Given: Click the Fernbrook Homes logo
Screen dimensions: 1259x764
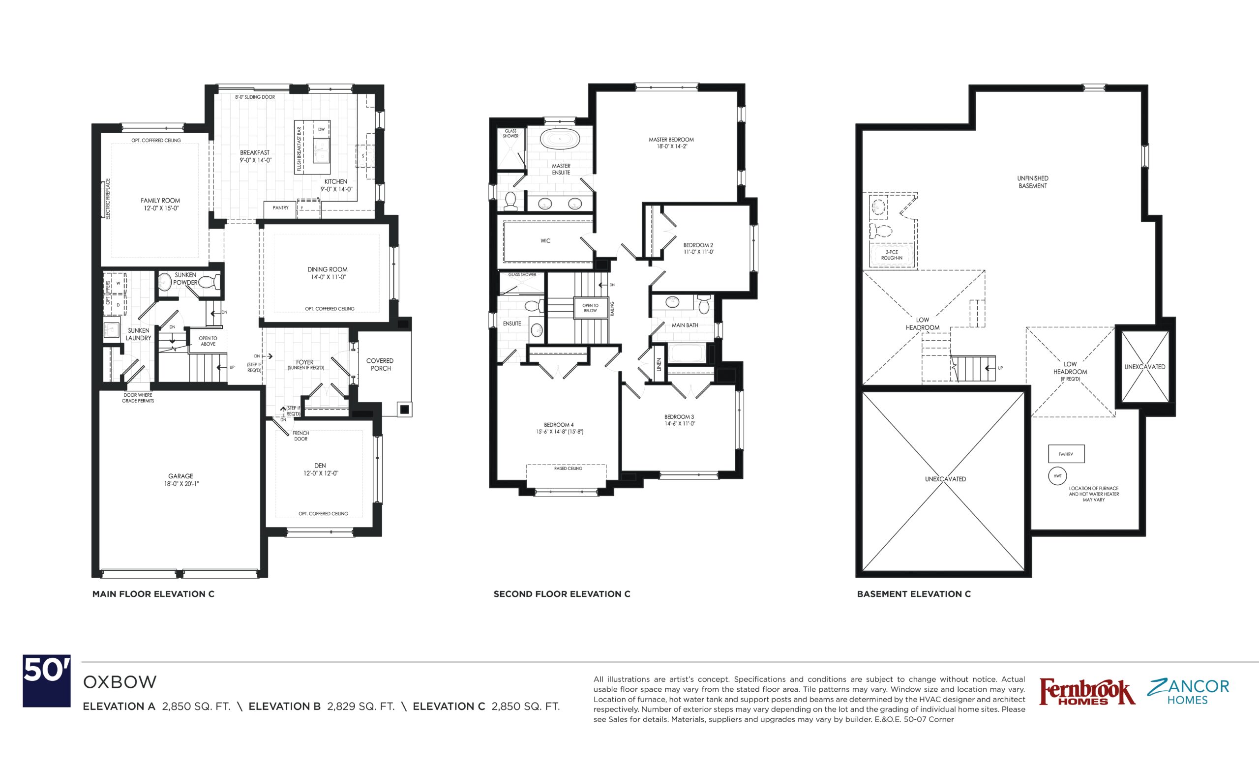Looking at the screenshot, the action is [x=1087, y=693].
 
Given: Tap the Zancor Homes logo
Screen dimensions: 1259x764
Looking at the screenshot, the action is [x=1188, y=692].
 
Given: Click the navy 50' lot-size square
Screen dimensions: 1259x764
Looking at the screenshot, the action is [x=47, y=681].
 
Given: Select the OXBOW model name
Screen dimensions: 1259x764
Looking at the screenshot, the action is [x=120, y=682].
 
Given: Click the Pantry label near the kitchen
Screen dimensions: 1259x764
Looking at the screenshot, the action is [x=280, y=208].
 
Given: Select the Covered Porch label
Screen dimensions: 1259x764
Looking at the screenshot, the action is [x=380, y=364].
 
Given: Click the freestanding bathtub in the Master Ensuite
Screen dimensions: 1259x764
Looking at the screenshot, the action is [x=560, y=139].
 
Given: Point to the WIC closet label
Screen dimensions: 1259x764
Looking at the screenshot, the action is [x=546, y=240].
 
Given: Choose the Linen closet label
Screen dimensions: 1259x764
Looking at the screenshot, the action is [x=659, y=364].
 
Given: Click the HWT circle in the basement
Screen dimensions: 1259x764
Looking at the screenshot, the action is [x=1058, y=476].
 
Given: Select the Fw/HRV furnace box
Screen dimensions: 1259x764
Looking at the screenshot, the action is [x=1066, y=454].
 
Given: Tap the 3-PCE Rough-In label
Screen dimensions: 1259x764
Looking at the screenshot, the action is [x=892, y=255].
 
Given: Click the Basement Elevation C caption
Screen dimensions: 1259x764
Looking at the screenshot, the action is [x=914, y=594].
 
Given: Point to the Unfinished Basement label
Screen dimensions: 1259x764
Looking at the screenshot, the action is [x=1033, y=182].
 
